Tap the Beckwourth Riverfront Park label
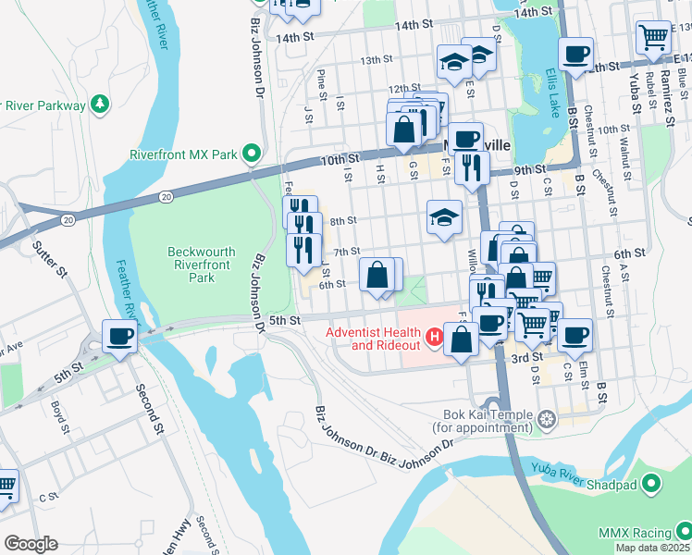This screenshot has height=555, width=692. (202, 264)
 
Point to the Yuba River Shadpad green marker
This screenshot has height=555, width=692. (651, 483)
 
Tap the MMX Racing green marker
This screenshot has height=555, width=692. (684, 532)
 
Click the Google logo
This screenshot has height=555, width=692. (31, 544)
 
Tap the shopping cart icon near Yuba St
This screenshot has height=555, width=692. (653, 37)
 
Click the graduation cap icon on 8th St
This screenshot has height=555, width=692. (444, 219)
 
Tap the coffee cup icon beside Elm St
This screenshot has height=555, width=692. (575, 334)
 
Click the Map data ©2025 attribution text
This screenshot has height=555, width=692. (651, 548)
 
